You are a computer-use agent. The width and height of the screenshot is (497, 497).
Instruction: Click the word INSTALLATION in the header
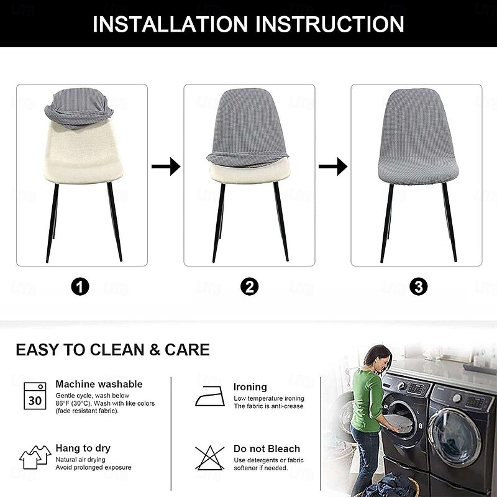coord(170,24)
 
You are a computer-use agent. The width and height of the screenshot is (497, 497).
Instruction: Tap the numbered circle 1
coord(80,287)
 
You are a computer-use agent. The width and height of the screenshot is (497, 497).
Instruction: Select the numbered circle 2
coord(250,287)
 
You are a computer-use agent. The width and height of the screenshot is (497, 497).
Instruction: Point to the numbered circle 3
coord(418,287)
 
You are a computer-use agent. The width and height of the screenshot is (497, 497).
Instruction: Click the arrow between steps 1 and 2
coord(166,166)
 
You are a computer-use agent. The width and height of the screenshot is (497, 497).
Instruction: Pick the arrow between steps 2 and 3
coord(333,166)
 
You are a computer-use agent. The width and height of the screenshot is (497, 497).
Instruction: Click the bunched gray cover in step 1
coord(79,107)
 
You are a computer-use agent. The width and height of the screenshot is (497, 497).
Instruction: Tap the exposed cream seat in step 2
coord(250,172)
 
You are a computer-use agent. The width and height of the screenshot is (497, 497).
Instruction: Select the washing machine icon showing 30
coord(35,396)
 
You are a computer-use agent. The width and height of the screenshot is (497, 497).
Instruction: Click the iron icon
coord(210,396)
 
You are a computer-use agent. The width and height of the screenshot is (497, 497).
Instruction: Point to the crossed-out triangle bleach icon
coord(209,458)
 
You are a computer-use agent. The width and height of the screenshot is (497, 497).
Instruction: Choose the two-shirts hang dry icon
coord(35,457)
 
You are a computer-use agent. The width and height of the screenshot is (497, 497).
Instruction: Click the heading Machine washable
coord(99,384)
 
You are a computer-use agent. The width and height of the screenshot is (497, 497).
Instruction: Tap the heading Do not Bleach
coord(267,449)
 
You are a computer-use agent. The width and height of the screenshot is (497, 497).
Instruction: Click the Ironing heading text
coord(250,387)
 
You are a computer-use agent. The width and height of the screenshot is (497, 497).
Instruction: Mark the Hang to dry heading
coord(83,448)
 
